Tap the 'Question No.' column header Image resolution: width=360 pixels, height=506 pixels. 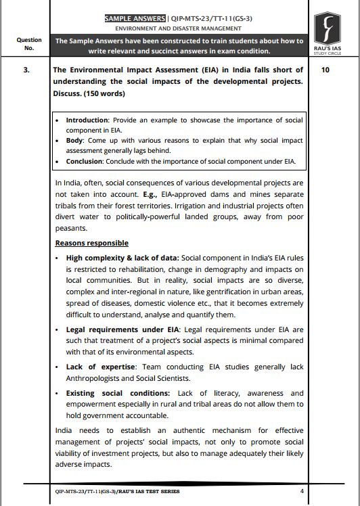tap(28, 45)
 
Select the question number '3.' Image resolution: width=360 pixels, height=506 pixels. tap(26, 70)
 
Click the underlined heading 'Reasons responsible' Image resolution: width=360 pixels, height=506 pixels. tap(91, 243)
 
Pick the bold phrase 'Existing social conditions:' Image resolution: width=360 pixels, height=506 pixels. tap(116, 393)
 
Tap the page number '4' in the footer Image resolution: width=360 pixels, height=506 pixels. tap(302, 491)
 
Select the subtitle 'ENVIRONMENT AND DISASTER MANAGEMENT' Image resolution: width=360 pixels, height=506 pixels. tap(179, 29)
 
